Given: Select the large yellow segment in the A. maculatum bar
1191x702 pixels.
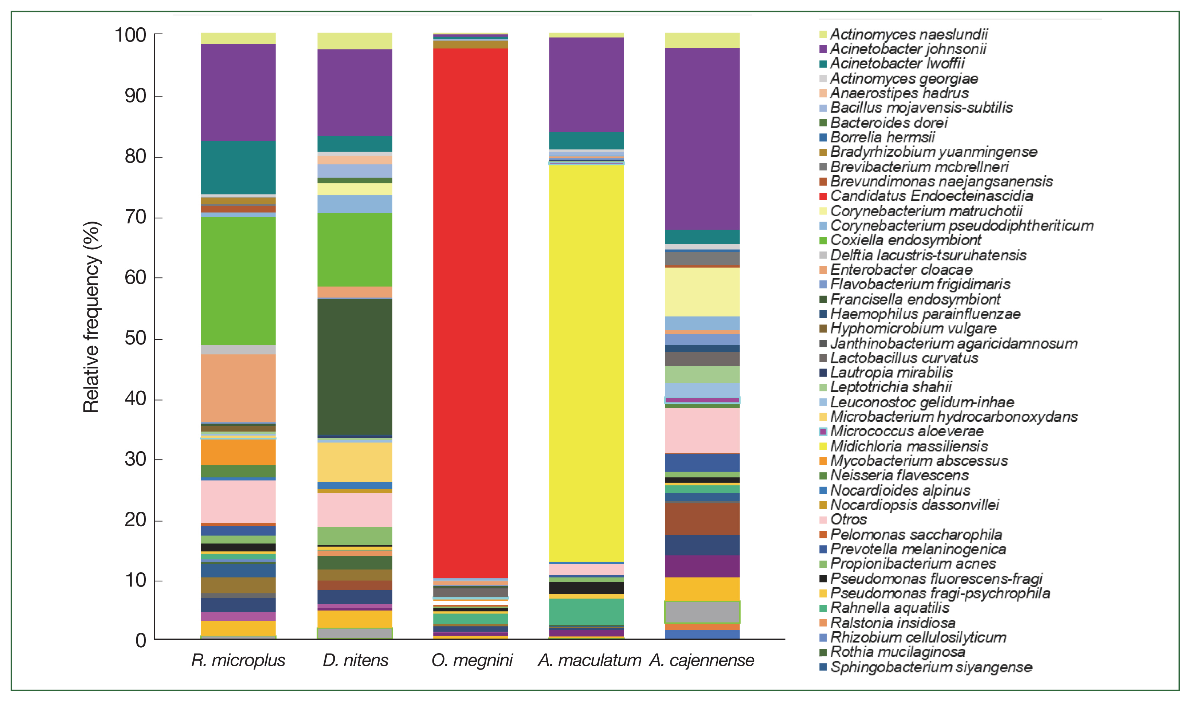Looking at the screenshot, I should (x=586, y=362).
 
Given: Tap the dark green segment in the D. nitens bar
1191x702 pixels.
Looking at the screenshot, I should (x=354, y=367).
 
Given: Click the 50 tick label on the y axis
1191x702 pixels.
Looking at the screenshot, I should (x=136, y=338).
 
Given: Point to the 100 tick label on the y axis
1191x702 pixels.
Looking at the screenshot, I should (x=130, y=35).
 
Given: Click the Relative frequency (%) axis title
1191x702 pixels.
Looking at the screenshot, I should (x=91, y=317).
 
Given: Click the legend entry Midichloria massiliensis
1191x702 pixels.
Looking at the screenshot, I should (x=909, y=446).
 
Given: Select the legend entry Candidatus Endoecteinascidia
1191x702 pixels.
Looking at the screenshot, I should (x=932, y=196).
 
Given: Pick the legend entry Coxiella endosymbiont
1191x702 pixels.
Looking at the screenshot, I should (x=905, y=240).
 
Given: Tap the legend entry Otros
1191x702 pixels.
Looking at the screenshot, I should (x=849, y=519).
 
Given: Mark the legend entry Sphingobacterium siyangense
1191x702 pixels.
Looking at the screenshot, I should (x=932, y=667).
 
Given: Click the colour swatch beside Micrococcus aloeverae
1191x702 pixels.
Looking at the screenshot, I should (x=823, y=432).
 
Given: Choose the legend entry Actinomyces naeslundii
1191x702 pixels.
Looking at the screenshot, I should (x=909, y=34).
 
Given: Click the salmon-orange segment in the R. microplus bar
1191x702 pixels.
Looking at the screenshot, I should (x=238, y=388).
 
